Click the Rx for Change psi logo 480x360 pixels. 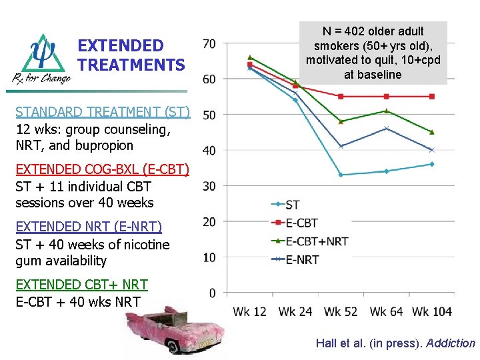point(42,59)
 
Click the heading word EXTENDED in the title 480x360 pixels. point(121,46)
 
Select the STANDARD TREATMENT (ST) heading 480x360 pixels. point(103,111)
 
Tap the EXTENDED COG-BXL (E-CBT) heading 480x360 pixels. point(102,169)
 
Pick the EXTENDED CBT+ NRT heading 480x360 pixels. point(81,285)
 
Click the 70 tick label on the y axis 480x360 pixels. point(209,44)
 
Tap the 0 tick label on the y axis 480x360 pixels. point(212,293)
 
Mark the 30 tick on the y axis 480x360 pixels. point(209,186)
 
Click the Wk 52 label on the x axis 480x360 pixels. point(341,312)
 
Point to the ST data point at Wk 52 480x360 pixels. point(341,175)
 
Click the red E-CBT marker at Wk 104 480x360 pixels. point(432,97)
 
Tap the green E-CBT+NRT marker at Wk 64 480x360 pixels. point(387,111)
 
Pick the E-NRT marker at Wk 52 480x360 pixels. point(341,147)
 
